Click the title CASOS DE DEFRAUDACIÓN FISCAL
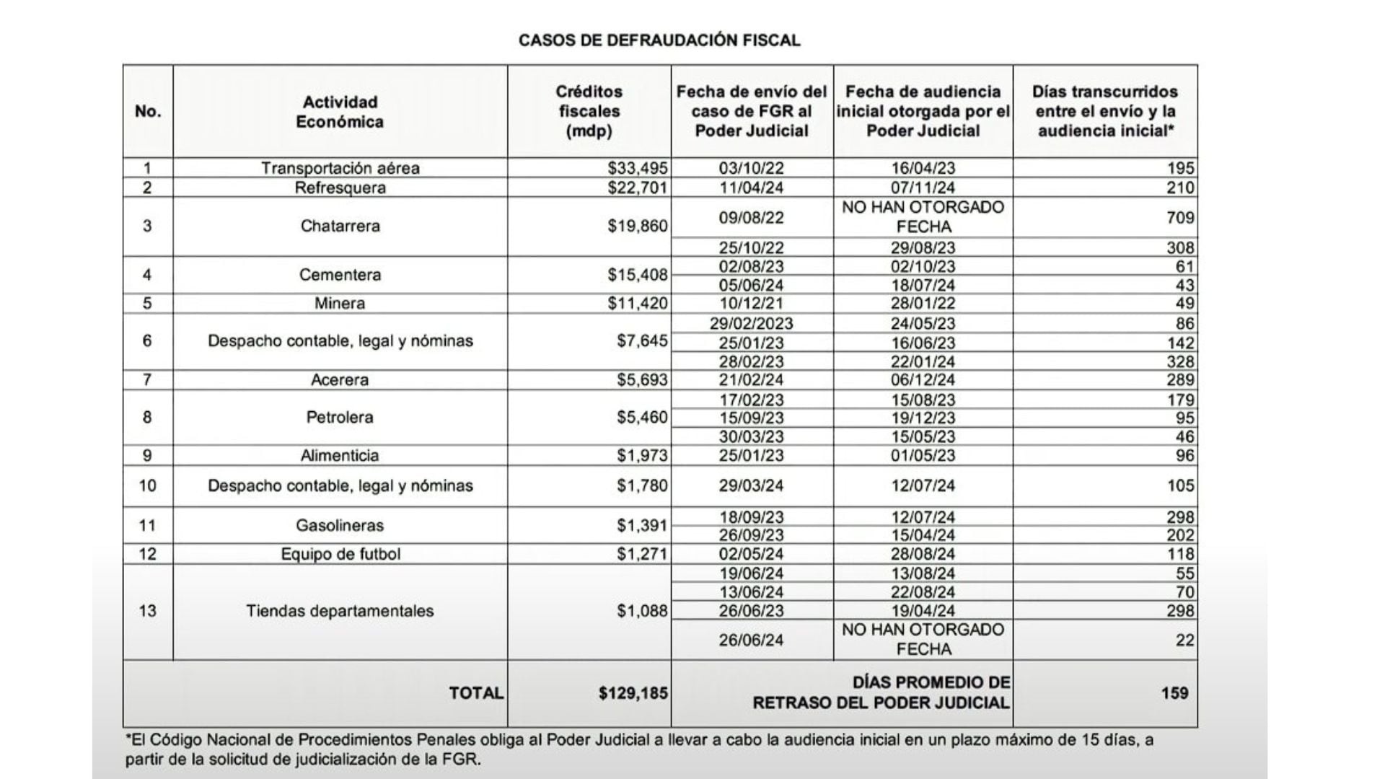tap(659, 40)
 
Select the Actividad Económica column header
tap(340, 112)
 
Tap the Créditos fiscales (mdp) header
tap(589, 112)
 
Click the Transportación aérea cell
tap(340, 168)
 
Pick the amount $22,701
tap(638, 188)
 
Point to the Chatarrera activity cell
tap(340, 226)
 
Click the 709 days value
tap(1180, 217)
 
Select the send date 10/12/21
tap(751, 303)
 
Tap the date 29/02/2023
tap(751, 323)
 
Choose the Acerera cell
tap(340, 380)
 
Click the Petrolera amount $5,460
tap(642, 417)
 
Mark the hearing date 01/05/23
tap(923, 455)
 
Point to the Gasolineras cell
tap(340, 525)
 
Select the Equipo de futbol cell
tap(340, 554)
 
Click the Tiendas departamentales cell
tap(340, 611)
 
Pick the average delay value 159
tap(1174, 693)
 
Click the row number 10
tap(147, 485)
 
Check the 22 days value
tap(1184, 640)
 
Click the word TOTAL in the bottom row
tap(476, 693)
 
